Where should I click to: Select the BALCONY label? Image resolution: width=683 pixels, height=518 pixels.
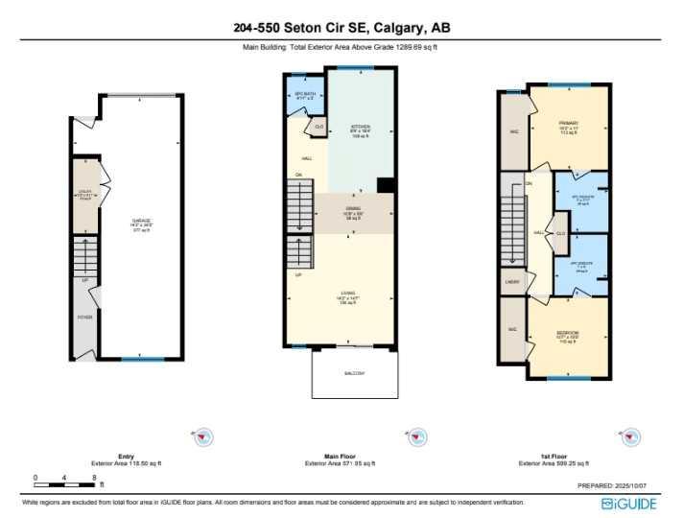click(354, 373)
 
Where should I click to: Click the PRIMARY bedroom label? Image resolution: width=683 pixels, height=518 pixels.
click(569, 124)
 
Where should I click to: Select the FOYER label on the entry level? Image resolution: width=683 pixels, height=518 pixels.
click(84, 316)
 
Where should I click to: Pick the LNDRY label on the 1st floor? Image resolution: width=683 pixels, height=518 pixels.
click(512, 282)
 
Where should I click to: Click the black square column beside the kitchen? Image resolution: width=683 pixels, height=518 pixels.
click(386, 185)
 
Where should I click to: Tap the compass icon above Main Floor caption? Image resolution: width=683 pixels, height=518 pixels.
click(416, 436)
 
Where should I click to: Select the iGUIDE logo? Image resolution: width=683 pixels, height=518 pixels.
click(628, 503)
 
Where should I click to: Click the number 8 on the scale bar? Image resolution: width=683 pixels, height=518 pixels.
click(94, 477)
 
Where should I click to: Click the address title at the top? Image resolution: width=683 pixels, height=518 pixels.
click(341, 27)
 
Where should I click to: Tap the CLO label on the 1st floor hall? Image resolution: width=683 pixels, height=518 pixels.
click(560, 233)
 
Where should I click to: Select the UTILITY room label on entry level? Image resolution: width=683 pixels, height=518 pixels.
click(84, 197)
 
